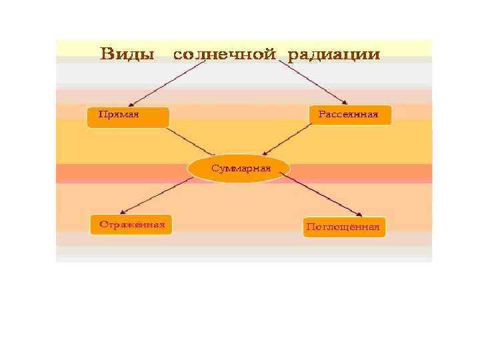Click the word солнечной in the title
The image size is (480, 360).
click(224, 55)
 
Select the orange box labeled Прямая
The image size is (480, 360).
click(129, 117)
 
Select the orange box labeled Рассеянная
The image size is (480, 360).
click(351, 115)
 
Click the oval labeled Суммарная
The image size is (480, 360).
click(239, 169)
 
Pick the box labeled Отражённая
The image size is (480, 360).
click(131, 225)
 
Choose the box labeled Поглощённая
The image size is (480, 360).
click(344, 227)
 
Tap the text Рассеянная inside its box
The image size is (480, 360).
click(348, 114)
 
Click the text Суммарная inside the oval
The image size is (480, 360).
click(241, 168)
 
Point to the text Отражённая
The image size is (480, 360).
click(132, 225)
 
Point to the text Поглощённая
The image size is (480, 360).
click(343, 227)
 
